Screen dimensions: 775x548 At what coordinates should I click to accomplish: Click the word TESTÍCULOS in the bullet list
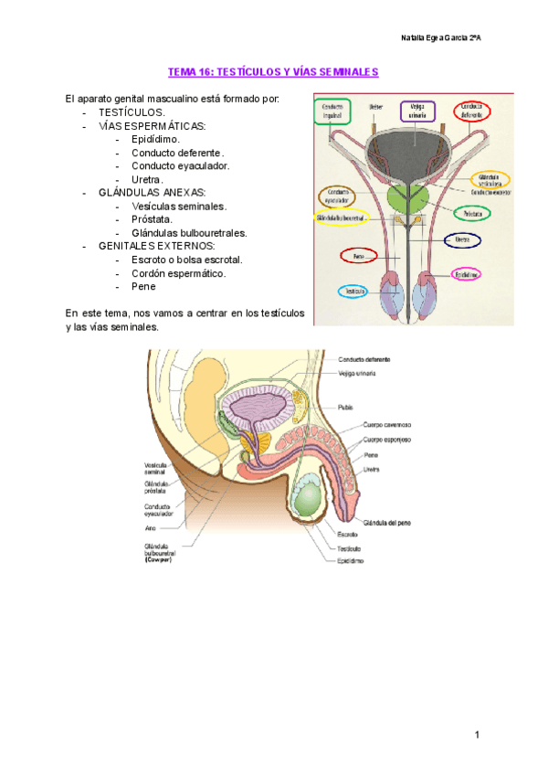132,111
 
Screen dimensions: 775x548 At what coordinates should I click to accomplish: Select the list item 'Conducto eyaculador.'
180,165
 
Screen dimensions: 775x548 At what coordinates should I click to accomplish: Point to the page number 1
477,735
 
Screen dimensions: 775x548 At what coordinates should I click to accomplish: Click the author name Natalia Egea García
443,37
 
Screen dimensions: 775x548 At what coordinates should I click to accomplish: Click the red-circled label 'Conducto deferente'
471,111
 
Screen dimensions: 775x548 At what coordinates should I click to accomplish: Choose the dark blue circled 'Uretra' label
462,239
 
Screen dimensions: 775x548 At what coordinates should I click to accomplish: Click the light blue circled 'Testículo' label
352,291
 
